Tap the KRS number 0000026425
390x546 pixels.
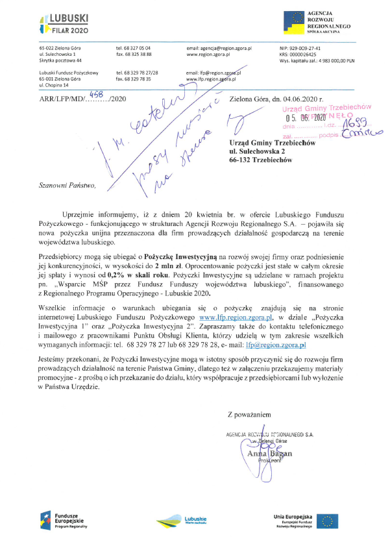(303, 54)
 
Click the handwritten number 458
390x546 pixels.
(96, 92)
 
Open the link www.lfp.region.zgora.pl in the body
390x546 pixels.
(236, 317)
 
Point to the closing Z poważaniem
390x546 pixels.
(249, 414)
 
